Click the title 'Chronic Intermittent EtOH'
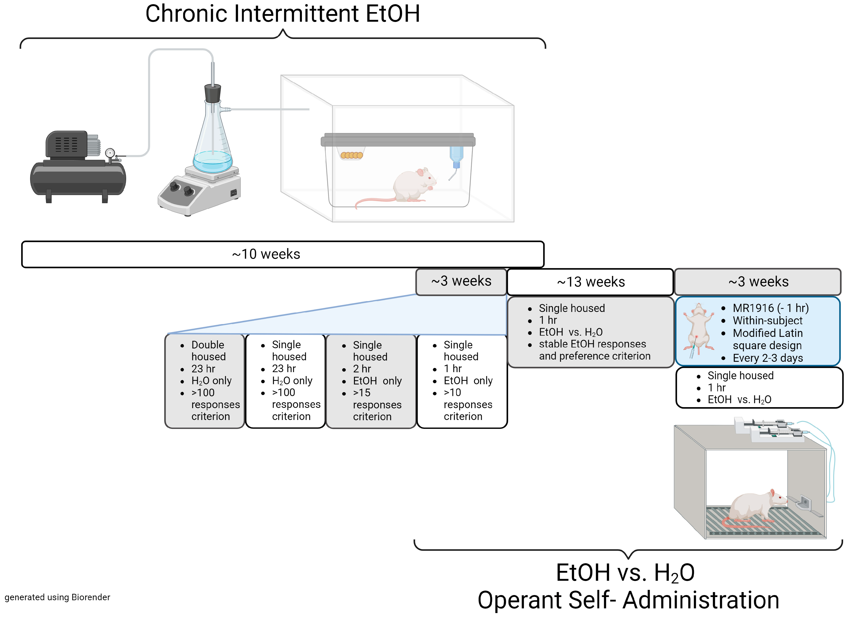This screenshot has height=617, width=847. pyautogui.click(x=283, y=14)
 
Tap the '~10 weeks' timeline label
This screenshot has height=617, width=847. pyautogui.click(x=266, y=254)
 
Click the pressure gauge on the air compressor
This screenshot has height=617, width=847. pyautogui.click(x=110, y=153)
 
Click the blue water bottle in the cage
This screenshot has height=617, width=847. pyautogui.click(x=456, y=157)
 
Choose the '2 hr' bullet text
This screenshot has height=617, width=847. pyautogui.click(x=362, y=369)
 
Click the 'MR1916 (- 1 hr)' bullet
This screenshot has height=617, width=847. pyautogui.click(x=770, y=308)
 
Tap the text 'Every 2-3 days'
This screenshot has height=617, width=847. pyautogui.click(x=768, y=358)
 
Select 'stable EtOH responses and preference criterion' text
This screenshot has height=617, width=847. pyautogui.click(x=594, y=350)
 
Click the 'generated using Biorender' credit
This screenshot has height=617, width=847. pyautogui.click(x=57, y=597)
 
